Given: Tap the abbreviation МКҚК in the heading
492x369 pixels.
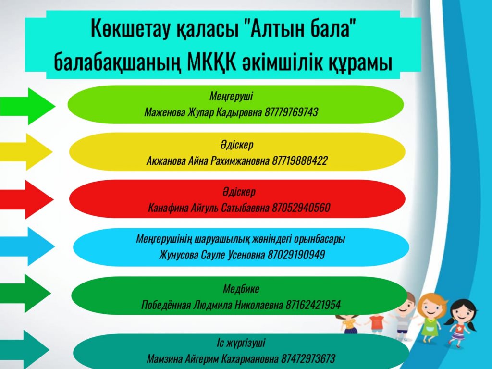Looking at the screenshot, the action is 211,62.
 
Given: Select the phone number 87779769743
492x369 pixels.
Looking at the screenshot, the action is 291,112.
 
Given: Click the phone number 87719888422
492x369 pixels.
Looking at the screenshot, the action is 299,160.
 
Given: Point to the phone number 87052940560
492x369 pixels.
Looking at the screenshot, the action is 301,208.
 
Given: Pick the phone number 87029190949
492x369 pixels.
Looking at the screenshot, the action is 296,255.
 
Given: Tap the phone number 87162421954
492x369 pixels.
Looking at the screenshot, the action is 313,305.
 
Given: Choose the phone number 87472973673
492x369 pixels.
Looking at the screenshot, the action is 308,358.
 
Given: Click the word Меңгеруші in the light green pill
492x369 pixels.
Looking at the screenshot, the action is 231,96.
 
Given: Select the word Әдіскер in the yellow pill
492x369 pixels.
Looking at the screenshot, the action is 236,145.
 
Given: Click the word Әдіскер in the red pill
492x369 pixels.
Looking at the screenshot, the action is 239,192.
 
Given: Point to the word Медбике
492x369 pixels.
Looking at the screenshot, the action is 241,289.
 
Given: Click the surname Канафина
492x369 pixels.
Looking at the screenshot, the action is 168,208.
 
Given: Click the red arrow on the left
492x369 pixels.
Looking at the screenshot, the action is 27,199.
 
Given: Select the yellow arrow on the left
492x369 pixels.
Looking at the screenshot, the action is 26,152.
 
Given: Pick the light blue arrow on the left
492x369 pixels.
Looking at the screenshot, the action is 27,246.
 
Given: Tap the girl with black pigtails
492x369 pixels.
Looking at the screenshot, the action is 460,323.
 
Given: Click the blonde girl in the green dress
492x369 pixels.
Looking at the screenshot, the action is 432,318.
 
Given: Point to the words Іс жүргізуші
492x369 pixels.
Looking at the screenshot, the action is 241,343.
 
